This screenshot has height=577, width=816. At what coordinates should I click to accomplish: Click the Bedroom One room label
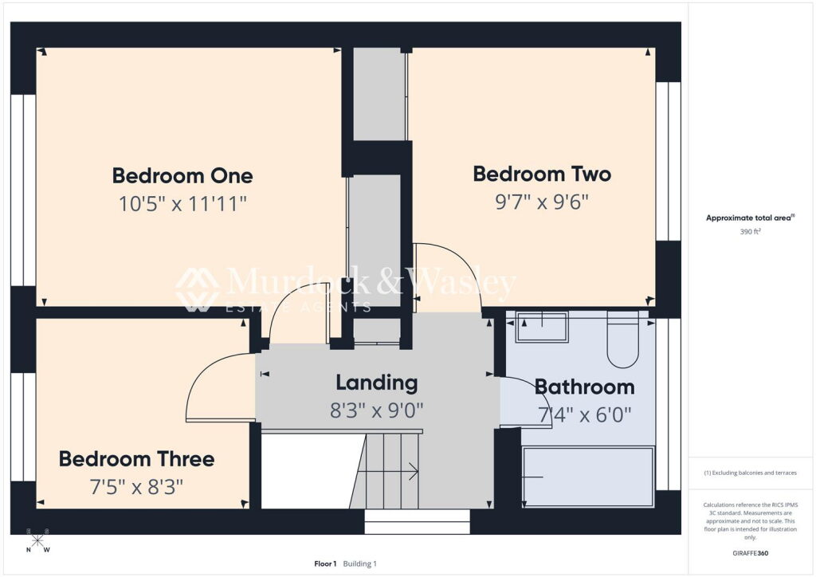182,176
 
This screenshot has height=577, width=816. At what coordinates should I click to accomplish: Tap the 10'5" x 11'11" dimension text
182,203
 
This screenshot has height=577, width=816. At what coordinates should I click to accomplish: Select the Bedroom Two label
542,174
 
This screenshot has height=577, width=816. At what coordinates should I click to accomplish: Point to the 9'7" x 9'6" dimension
542,202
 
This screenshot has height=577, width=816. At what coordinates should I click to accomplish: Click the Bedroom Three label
137,459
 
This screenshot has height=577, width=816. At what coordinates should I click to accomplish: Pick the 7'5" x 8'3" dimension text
137,487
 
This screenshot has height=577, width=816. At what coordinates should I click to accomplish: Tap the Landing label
377,383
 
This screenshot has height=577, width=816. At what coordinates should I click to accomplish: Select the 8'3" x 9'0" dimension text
377,410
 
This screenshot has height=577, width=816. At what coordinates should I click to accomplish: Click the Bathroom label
584,387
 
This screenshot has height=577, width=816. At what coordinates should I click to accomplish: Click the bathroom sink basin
542,327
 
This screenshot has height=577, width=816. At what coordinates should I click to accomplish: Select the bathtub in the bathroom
588,477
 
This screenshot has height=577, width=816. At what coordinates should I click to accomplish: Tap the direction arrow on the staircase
388,471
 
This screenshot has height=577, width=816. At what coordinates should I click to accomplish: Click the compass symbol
37,540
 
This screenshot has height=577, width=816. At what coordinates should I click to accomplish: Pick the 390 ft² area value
751,232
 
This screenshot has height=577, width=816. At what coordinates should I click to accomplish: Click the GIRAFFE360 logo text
751,553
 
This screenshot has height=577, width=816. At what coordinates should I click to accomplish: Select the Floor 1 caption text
325,563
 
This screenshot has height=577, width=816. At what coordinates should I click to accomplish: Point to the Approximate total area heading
750,218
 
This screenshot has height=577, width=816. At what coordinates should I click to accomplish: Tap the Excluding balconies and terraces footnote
751,473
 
